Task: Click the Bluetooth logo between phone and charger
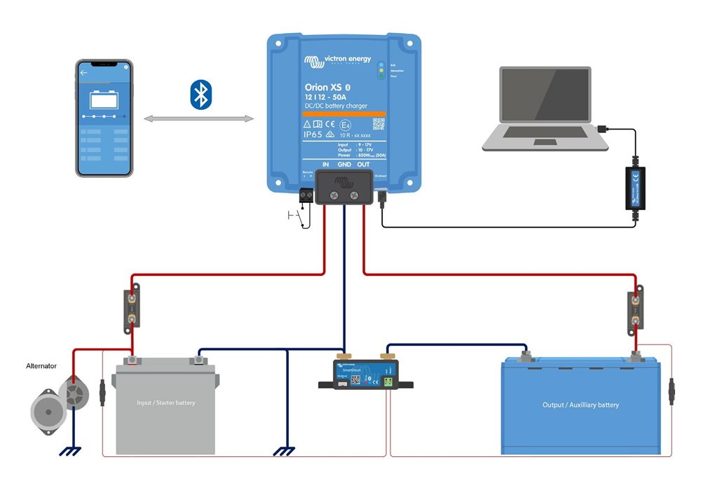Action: [x=200, y=94]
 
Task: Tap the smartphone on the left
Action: [x=104, y=118]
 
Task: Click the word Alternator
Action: [x=41, y=365]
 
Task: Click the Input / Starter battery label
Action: [x=166, y=402]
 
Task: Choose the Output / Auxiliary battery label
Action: [x=580, y=405]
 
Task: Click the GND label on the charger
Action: [x=344, y=164]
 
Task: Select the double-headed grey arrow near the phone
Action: [x=199, y=120]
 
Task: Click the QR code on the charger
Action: [x=379, y=125]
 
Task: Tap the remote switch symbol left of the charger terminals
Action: [x=298, y=218]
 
